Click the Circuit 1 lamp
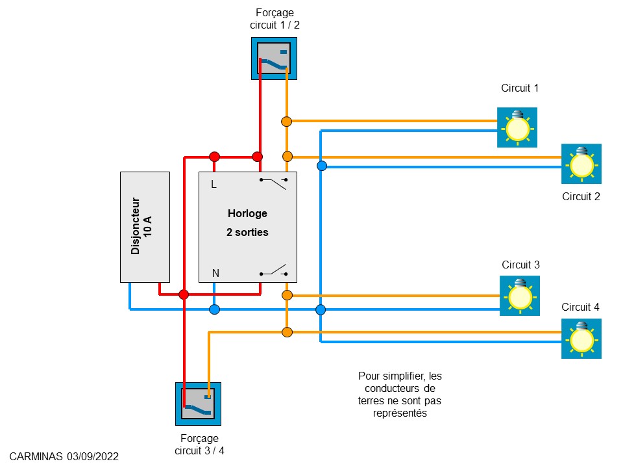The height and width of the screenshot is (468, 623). pyautogui.click(x=517, y=127)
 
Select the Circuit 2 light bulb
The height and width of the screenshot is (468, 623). pyautogui.click(x=581, y=164)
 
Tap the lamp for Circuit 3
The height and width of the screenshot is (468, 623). pyautogui.click(x=519, y=296)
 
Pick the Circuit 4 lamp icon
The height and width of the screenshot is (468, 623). pyautogui.click(x=581, y=338)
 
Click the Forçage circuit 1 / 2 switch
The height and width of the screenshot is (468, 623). pyautogui.click(x=274, y=58)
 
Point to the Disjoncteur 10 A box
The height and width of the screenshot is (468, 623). pyautogui.click(x=145, y=226)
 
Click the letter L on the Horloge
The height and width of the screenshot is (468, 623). pyautogui.click(x=214, y=185)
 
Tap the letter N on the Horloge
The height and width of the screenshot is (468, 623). pyautogui.click(x=215, y=274)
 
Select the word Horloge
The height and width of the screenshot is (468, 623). pyautogui.click(x=247, y=213)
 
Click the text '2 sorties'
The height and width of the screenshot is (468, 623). pyautogui.click(x=247, y=232)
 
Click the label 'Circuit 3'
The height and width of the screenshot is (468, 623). pyautogui.click(x=520, y=265)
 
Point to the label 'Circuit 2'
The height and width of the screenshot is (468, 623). pyautogui.click(x=581, y=197)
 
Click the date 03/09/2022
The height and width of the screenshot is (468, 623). pyautogui.click(x=92, y=457)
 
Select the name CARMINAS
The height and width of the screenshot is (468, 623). pyautogui.click(x=36, y=457)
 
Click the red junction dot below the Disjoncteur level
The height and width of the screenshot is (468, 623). pyautogui.click(x=184, y=294)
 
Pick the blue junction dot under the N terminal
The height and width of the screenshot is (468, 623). pyautogui.click(x=215, y=309)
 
